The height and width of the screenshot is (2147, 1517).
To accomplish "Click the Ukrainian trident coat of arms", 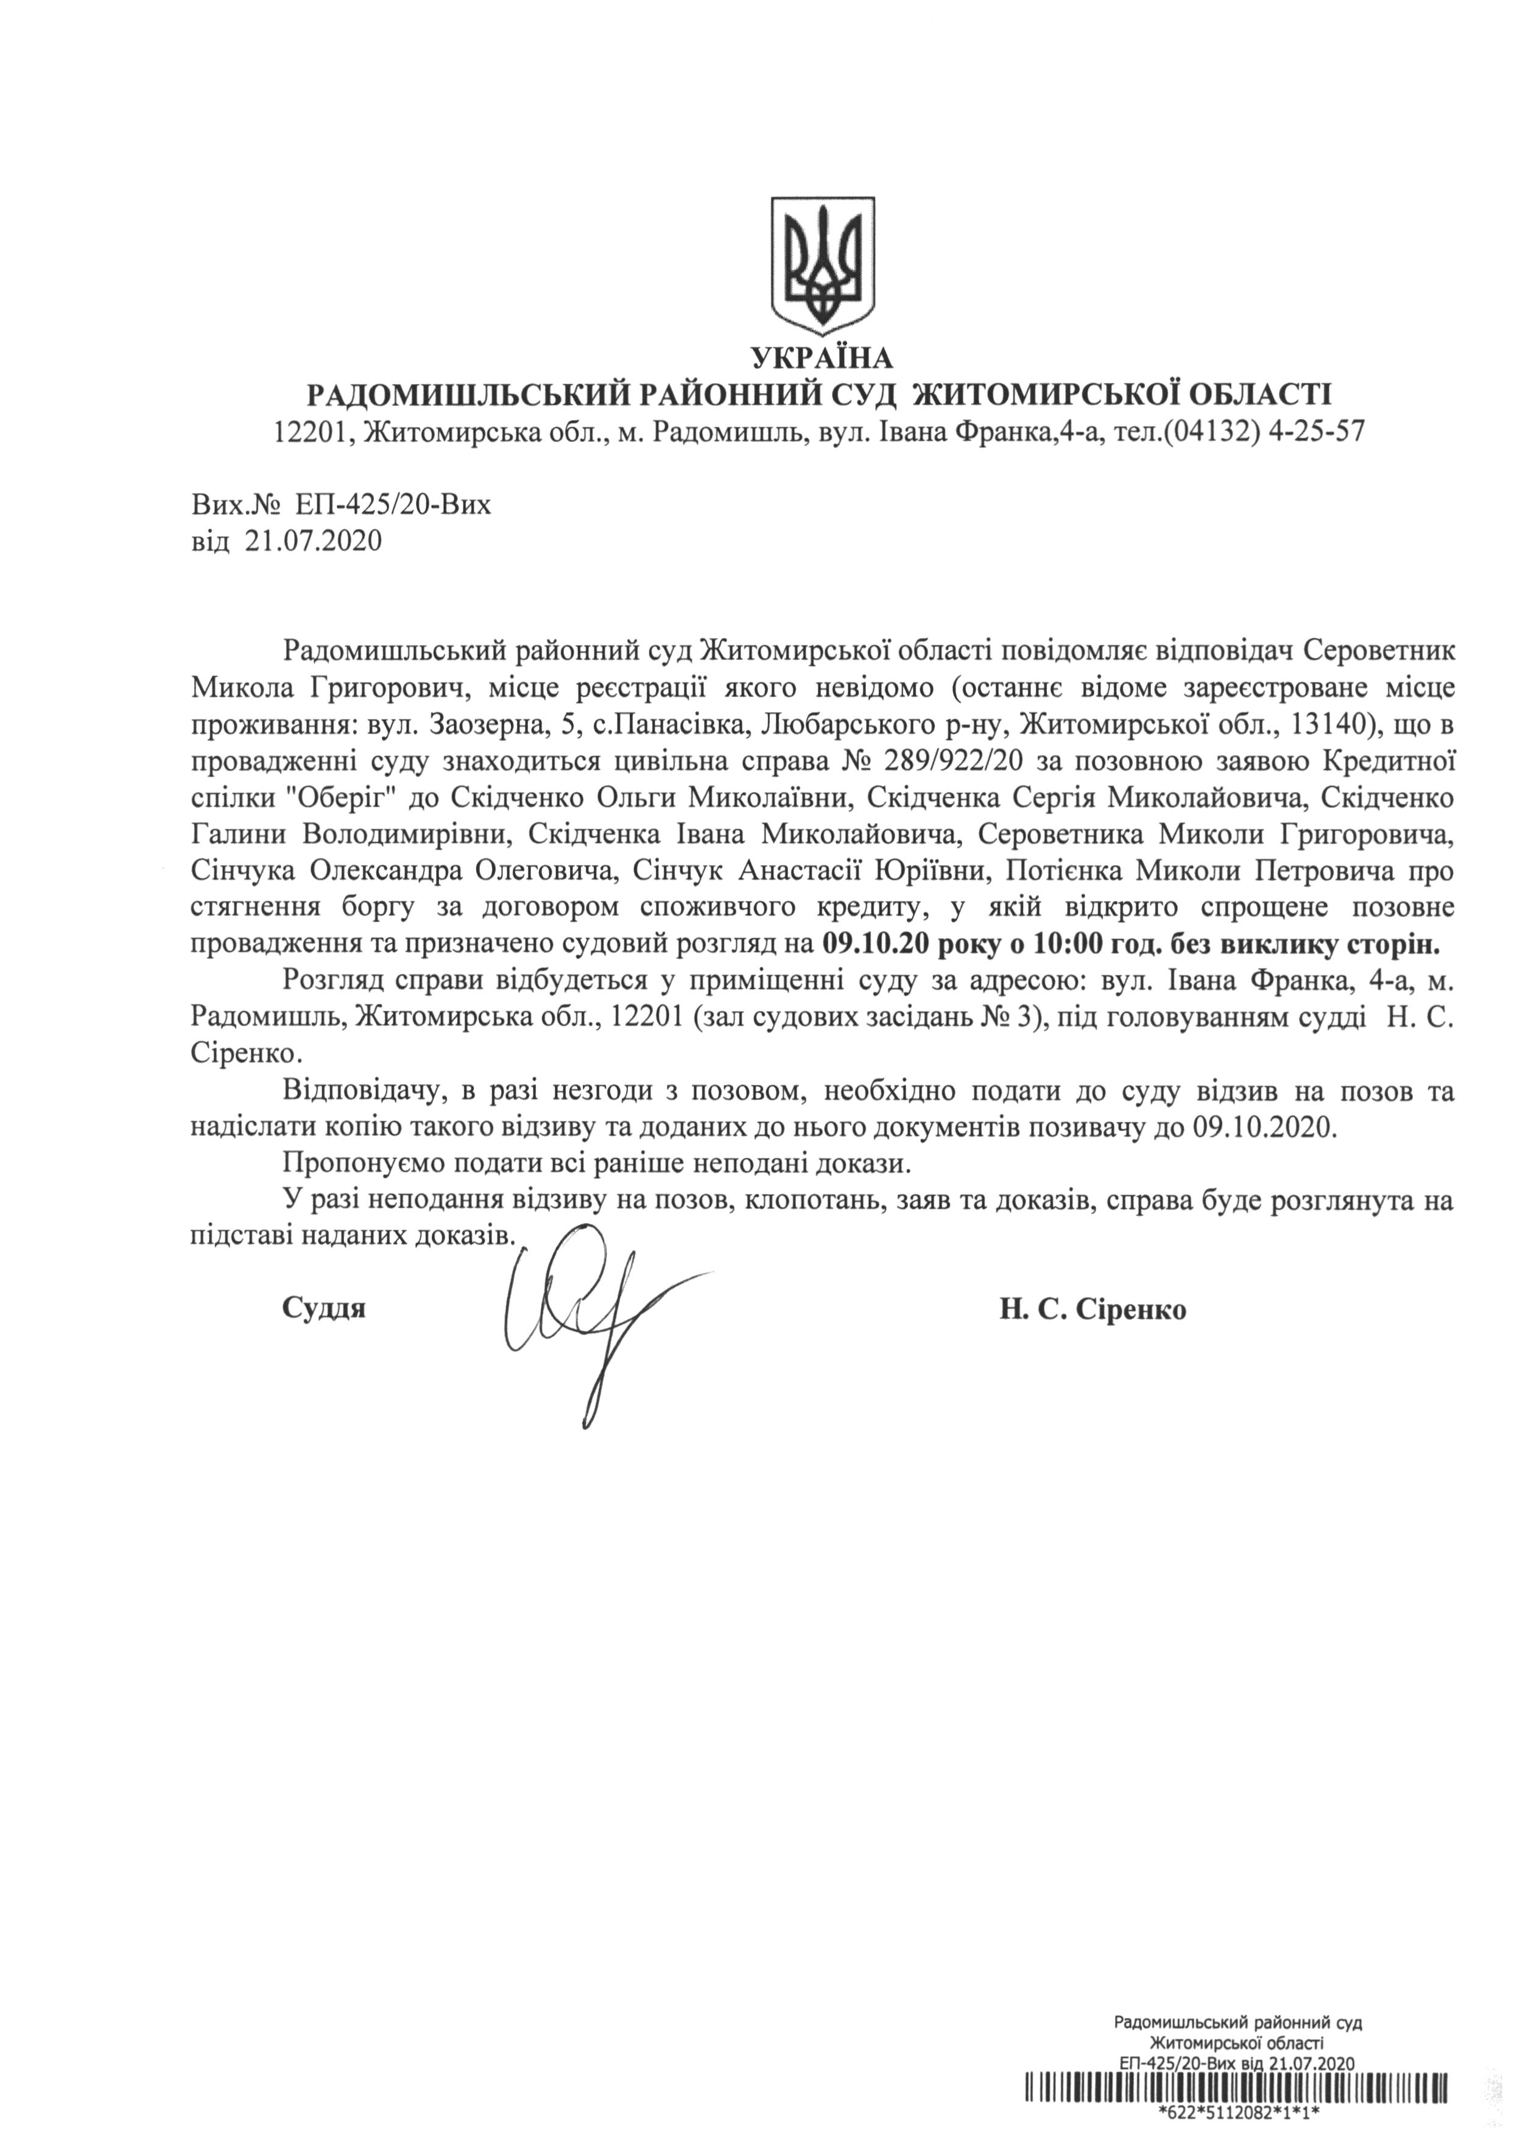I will (x=823, y=264).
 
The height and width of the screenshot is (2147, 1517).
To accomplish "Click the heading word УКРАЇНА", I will (x=822, y=357).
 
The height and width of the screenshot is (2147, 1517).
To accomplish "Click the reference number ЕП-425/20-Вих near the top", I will (x=392, y=506).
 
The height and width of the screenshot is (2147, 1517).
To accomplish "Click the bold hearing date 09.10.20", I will (x=875, y=945).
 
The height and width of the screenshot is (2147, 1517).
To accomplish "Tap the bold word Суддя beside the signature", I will (x=323, y=1308).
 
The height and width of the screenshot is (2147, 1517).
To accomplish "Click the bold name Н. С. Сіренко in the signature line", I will (x=1093, y=1308).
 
